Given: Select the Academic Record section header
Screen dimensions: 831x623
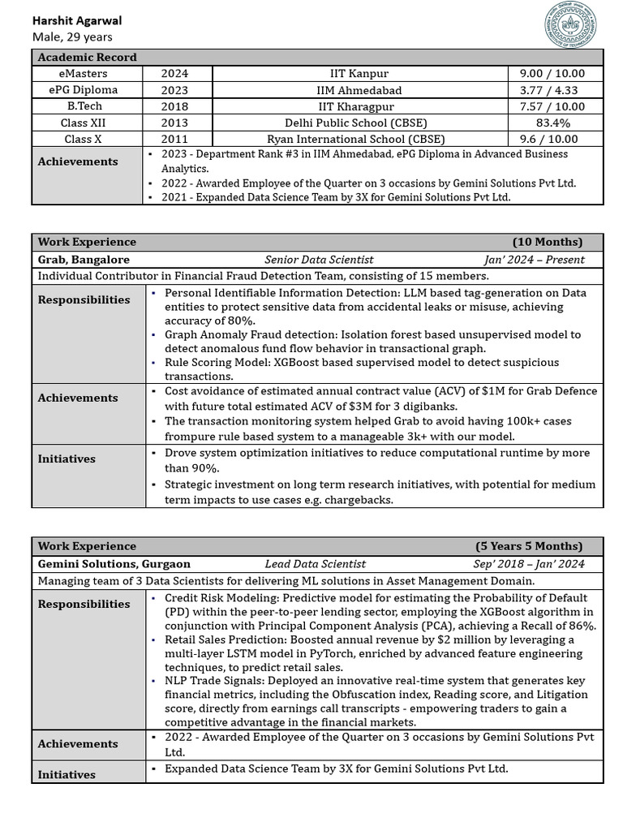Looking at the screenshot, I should click(x=88, y=57).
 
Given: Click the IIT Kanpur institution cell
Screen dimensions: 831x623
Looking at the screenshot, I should click(x=359, y=73).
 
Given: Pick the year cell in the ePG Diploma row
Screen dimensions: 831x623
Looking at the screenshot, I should click(x=174, y=90).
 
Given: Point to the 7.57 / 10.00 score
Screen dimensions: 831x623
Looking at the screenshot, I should click(x=556, y=106).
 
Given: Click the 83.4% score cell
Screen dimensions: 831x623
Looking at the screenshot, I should click(x=556, y=123).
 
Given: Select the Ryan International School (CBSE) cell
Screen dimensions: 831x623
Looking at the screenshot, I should click(x=359, y=139).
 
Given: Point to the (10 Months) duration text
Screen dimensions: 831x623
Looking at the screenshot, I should click(x=547, y=242).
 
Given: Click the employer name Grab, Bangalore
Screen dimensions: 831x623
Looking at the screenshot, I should click(x=84, y=260).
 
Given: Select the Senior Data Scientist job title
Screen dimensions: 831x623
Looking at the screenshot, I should click(x=319, y=260).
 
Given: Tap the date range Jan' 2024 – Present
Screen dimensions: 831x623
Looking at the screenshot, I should click(x=534, y=260).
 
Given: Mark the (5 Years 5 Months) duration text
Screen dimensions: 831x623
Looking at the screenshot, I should click(x=529, y=545).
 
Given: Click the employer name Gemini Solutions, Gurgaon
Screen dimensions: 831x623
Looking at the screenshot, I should click(x=114, y=563).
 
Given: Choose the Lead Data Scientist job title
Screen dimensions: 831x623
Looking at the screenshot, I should click(x=315, y=563).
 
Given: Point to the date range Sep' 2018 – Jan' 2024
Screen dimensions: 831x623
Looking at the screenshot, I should click(x=528, y=563).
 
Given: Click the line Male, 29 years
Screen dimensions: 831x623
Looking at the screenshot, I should click(x=72, y=37).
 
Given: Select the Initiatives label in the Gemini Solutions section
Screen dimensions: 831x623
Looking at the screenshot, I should click(x=67, y=774).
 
